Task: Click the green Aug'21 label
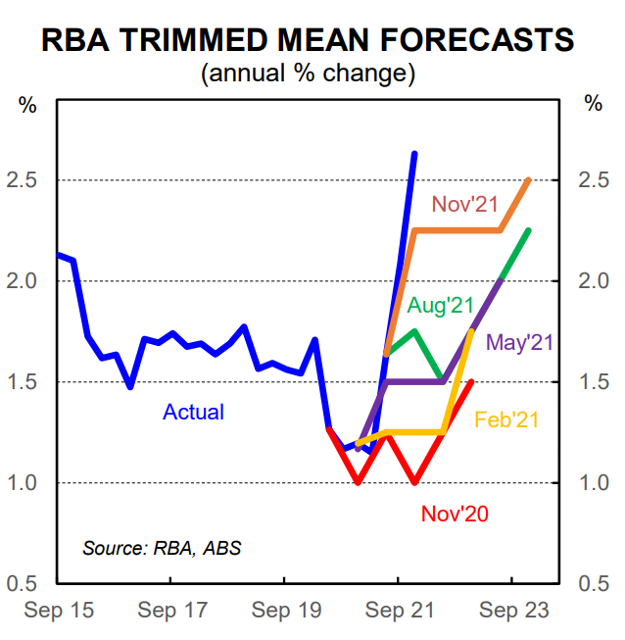point(441,306)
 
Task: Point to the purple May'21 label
point(520,342)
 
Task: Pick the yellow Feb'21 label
point(507,420)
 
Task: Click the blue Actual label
point(193,413)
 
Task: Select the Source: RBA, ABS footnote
point(162,548)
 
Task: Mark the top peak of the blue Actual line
point(414,154)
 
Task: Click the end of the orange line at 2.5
point(529,179)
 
